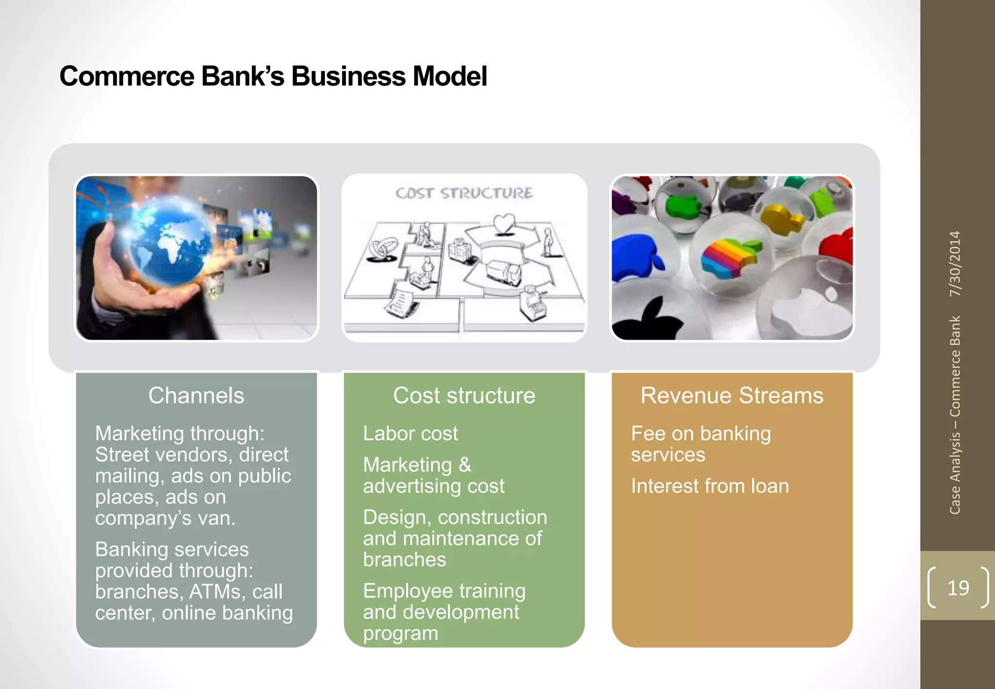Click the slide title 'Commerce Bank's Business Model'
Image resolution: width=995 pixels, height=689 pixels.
click(273, 77)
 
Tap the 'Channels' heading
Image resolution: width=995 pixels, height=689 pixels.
click(196, 396)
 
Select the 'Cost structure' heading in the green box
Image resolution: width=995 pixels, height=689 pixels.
click(464, 396)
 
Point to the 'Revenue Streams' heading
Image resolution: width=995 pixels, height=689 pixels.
click(732, 396)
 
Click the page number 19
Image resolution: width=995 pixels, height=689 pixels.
click(958, 588)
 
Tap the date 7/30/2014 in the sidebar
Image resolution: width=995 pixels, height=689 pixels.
click(955, 263)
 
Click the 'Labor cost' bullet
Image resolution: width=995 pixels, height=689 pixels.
click(411, 433)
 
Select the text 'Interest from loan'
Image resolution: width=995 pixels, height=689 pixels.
click(710, 486)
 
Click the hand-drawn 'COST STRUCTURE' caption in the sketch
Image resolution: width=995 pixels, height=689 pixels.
click(464, 193)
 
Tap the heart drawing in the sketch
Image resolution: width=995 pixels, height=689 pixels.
click(504, 224)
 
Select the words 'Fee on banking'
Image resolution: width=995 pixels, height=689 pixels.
click(701, 433)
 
